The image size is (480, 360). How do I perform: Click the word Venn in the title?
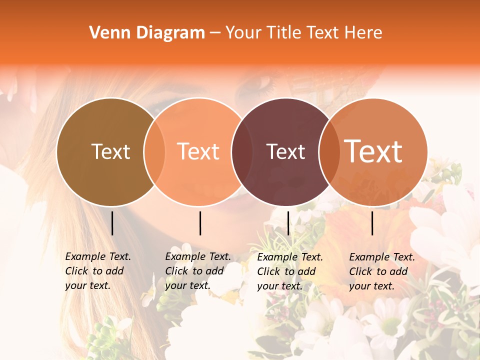[105, 33]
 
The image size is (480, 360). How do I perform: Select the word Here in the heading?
[363, 33]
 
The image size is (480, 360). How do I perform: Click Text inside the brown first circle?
[110, 151]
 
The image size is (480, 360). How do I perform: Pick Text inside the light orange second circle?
[198, 151]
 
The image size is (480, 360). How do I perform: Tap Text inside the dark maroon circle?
[285, 151]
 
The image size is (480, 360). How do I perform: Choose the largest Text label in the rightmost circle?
[373, 151]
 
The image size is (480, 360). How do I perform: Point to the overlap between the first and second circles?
[154, 152]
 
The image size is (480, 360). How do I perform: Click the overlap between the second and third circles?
[242, 152]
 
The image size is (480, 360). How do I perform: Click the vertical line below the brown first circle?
[112, 223]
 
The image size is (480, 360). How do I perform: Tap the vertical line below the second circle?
[200, 223]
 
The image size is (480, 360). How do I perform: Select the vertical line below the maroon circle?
[288, 223]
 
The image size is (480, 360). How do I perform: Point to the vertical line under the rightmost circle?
[372, 223]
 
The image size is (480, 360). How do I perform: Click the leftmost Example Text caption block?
[97, 271]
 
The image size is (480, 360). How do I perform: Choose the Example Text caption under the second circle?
[197, 271]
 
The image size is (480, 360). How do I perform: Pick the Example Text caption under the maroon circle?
[289, 271]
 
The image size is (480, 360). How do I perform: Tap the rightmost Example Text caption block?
[381, 271]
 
